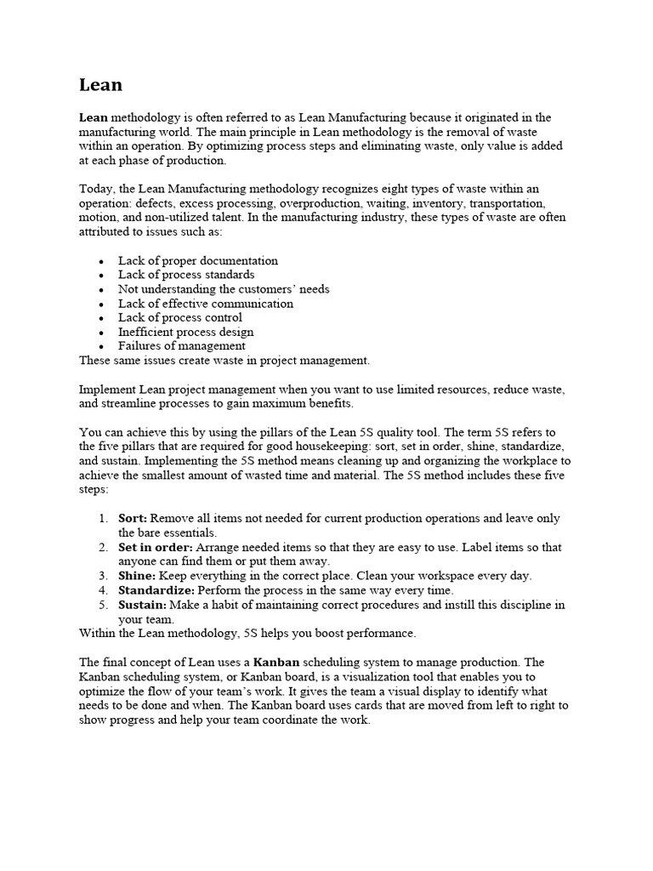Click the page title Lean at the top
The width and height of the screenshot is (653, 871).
[x=100, y=85]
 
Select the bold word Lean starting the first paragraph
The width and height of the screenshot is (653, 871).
[x=94, y=117]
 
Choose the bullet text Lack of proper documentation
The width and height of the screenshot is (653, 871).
[x=198, y=260]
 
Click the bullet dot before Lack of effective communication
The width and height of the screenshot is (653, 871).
[x=102, y=304]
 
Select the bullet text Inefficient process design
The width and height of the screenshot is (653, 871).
[x=186, y=332]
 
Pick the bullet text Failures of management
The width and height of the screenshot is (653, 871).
[x=182, y=346]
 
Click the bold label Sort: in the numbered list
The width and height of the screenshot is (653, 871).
[x=133, y=518]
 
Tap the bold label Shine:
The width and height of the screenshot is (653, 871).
[x=137, y=576]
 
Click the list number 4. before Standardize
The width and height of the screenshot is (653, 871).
[x=103, y=590]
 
